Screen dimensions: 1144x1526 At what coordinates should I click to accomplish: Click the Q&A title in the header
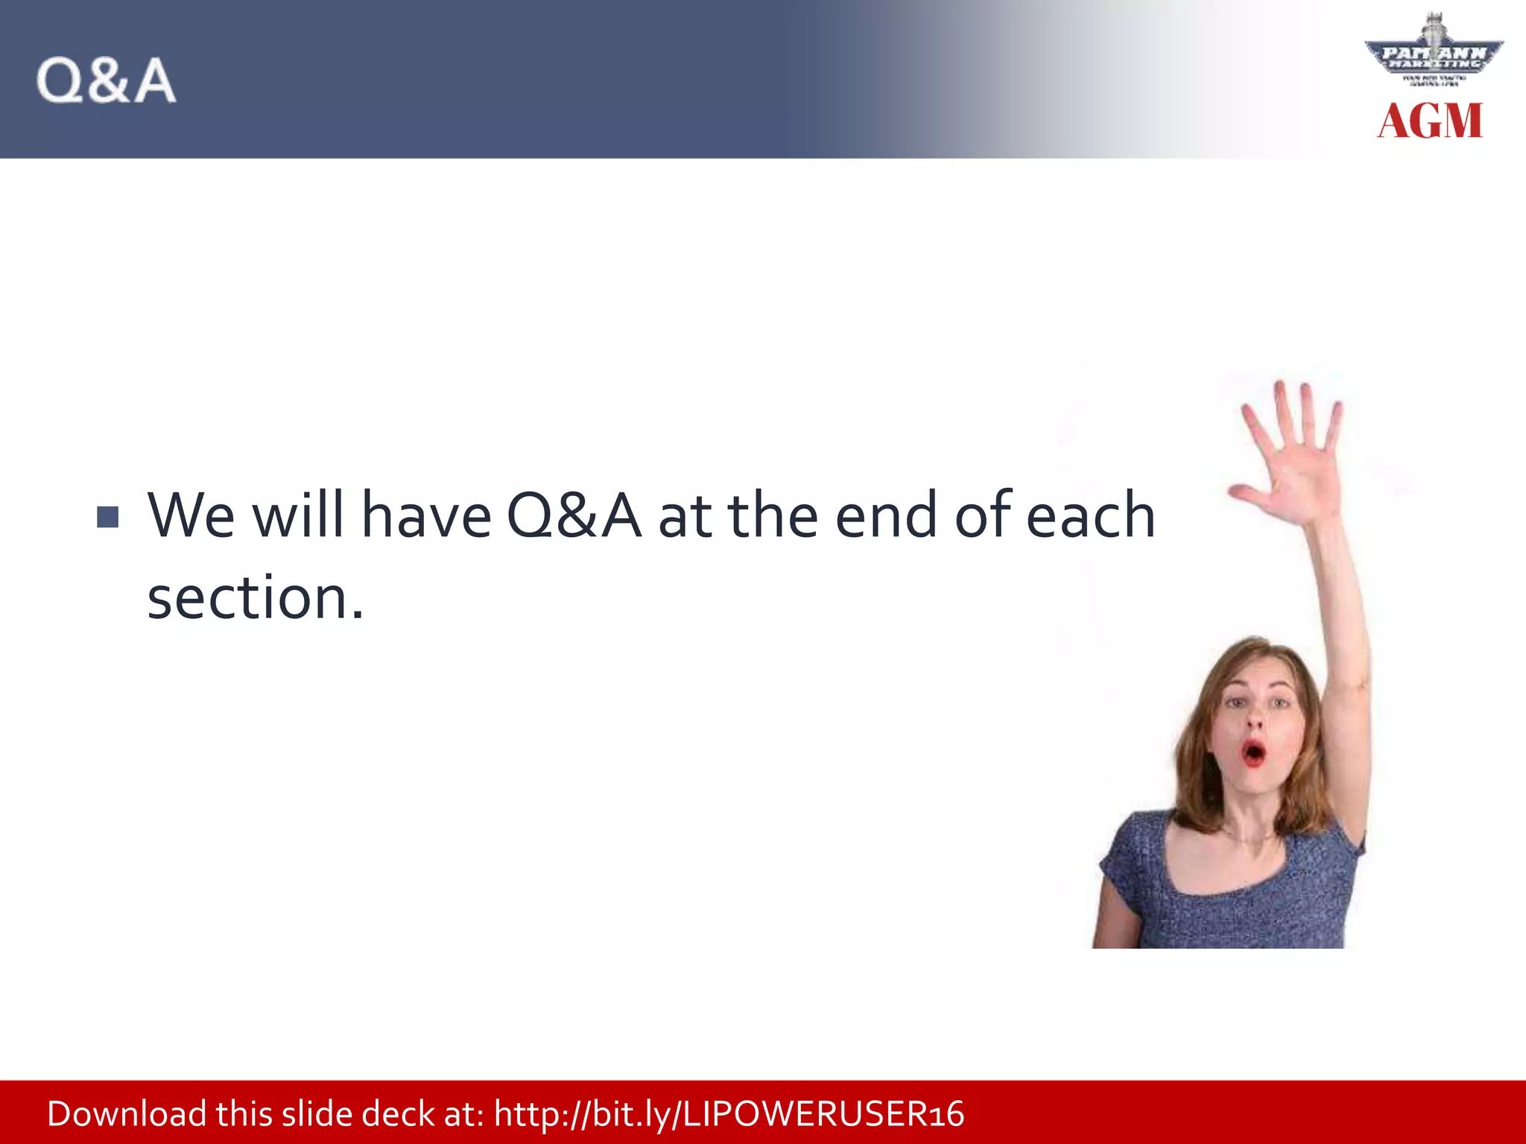(106, 80)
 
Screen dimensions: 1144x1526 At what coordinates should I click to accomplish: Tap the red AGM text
(1429, 121)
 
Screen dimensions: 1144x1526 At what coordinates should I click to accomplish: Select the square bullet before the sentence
(108, 517)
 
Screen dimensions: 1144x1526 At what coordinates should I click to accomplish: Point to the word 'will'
(298, 515)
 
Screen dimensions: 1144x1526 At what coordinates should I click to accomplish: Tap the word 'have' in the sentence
(425, 515)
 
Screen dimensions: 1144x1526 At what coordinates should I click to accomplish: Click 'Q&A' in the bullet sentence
(573, 515)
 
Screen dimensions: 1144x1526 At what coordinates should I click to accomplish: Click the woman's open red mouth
(1253, 753)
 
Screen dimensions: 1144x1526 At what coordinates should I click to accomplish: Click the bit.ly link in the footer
(729, 1114)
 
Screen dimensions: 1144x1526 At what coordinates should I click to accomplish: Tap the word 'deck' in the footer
(399, 1114)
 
